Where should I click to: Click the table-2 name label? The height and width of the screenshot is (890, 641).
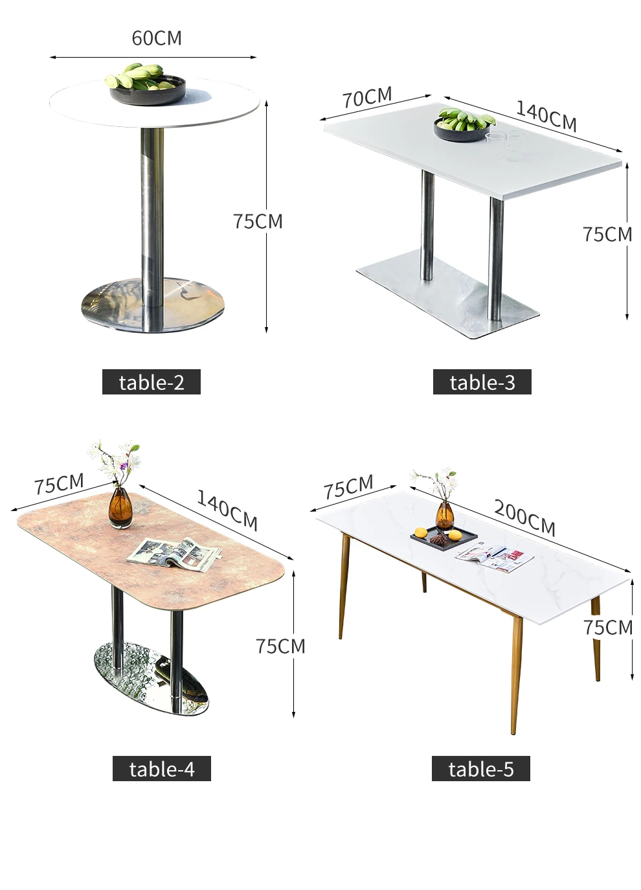click(152, 382)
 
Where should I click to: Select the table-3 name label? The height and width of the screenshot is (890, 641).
click(482, 382)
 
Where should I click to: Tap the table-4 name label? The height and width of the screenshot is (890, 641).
click(162, 769)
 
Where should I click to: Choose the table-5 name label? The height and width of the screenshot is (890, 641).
click(481, 769)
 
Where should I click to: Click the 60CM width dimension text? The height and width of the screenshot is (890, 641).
click(157, 38)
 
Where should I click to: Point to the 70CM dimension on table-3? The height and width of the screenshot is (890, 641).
click(367, 97)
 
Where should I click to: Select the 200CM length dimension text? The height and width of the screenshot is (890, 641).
click(524, 518)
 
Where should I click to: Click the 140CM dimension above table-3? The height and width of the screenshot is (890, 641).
click(546, 115)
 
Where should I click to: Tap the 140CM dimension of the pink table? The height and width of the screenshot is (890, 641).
click(227, 510)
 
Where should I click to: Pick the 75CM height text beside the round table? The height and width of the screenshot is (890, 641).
click(258, 222)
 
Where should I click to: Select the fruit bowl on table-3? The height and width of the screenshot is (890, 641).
click(464, 125)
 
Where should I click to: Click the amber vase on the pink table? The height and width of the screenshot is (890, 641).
click(120, 508)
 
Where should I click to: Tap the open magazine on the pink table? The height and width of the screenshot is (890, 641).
click(174, 554)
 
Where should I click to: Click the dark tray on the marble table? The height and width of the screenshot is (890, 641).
click(444, 538)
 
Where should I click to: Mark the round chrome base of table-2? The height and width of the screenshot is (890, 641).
click(153, 304)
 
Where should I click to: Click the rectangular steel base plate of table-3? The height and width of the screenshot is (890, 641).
click(447, 293)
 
